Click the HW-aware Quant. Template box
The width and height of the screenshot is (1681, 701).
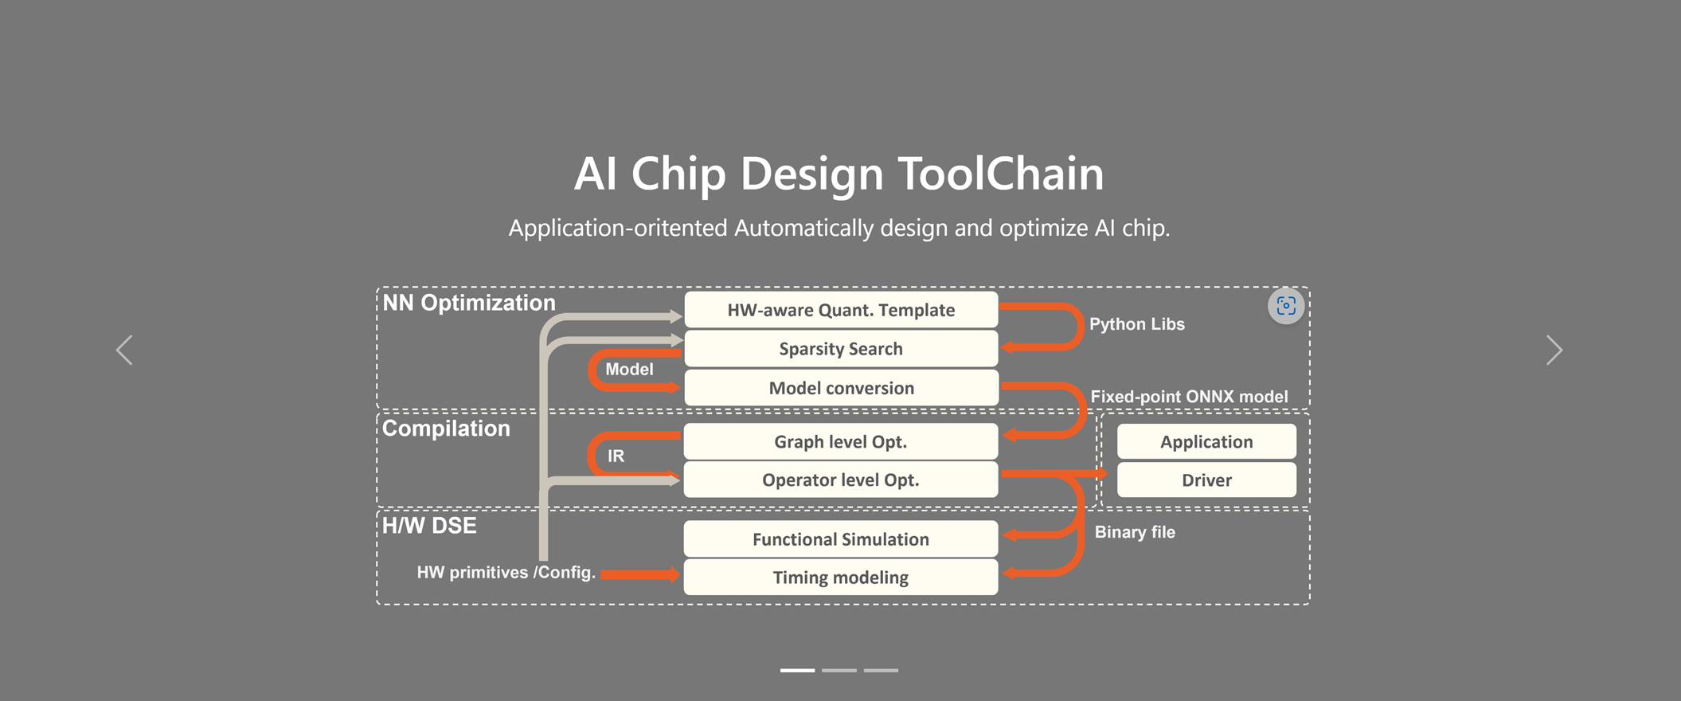point(841,310)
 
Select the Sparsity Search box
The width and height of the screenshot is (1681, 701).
point(841,349)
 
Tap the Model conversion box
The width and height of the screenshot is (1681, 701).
point(841,388)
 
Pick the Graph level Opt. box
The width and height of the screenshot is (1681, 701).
point(841,441)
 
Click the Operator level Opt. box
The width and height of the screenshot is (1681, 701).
point(841,480)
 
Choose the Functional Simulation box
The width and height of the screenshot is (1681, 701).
point(841,539)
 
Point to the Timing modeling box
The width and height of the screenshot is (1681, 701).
point(841,578)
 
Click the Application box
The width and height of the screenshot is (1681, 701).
point(1206,442)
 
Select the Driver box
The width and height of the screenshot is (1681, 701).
point(1206,480)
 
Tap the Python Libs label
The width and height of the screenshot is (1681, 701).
point(1137,324)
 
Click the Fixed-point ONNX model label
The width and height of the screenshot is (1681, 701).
point(1189,397)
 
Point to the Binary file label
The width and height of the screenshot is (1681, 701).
point(1135,532)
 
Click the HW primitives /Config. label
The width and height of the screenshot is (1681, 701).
point(506,573)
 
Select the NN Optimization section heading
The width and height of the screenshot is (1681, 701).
point(469,303)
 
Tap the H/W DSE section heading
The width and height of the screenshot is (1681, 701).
point(429,526)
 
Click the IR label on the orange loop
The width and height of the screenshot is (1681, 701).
point(616,456)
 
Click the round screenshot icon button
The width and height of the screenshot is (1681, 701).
point(1286,306)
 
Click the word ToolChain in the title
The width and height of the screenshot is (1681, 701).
point(1001,174)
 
